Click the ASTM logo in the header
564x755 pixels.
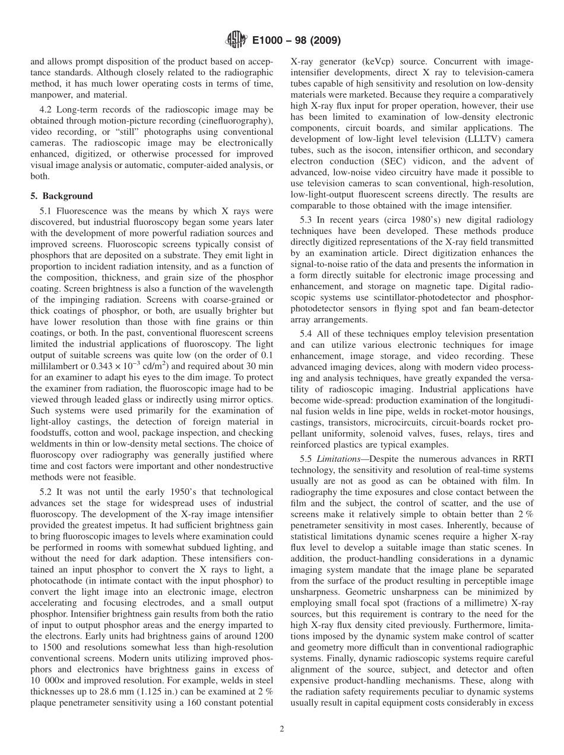pos(236,41)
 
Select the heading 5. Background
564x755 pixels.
pos(62,196)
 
